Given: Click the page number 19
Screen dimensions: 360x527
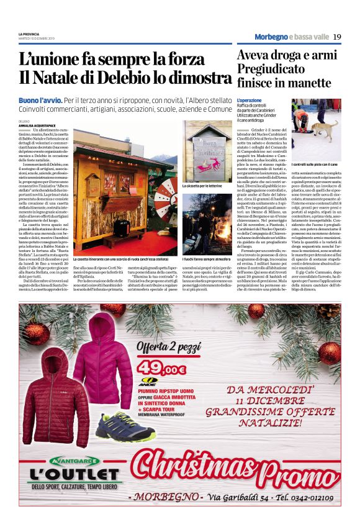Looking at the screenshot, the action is tap(337, 37).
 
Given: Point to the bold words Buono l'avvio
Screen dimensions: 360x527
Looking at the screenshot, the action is tap(40, 100).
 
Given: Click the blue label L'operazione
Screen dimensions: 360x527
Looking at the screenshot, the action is tap(250, 100).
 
